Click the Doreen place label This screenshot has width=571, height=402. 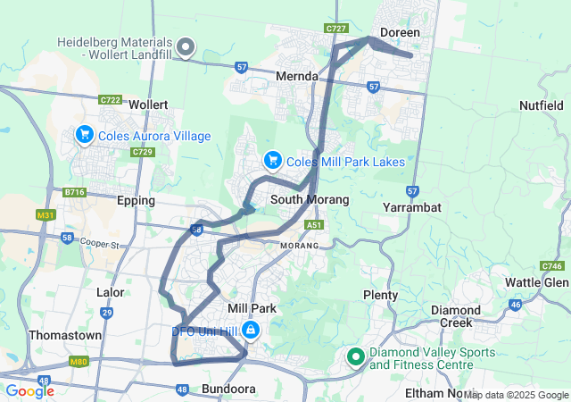(x=400, y=32)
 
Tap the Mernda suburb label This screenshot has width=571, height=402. (x=297, y=77)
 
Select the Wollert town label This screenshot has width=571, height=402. (x=148, y=105)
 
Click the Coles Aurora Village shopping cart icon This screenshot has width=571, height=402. (x=85, y=135)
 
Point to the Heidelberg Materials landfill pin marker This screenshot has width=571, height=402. (x=186, y=46)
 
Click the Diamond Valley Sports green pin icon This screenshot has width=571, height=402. (x=355, y=357)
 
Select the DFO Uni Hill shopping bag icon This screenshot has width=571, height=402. (x=251, y=331)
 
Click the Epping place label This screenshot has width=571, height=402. (x=136, y=200)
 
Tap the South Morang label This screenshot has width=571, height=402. (x=310, y=199)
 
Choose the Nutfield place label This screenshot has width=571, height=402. (x=542, y=105)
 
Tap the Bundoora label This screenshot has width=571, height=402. (x=228, y=389)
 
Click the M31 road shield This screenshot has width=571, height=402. (x=46, y=215)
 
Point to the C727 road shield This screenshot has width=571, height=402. (x=336, y=29)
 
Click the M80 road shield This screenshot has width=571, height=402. (x=79, y=362)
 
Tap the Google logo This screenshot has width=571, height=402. (x=30, y=390)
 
